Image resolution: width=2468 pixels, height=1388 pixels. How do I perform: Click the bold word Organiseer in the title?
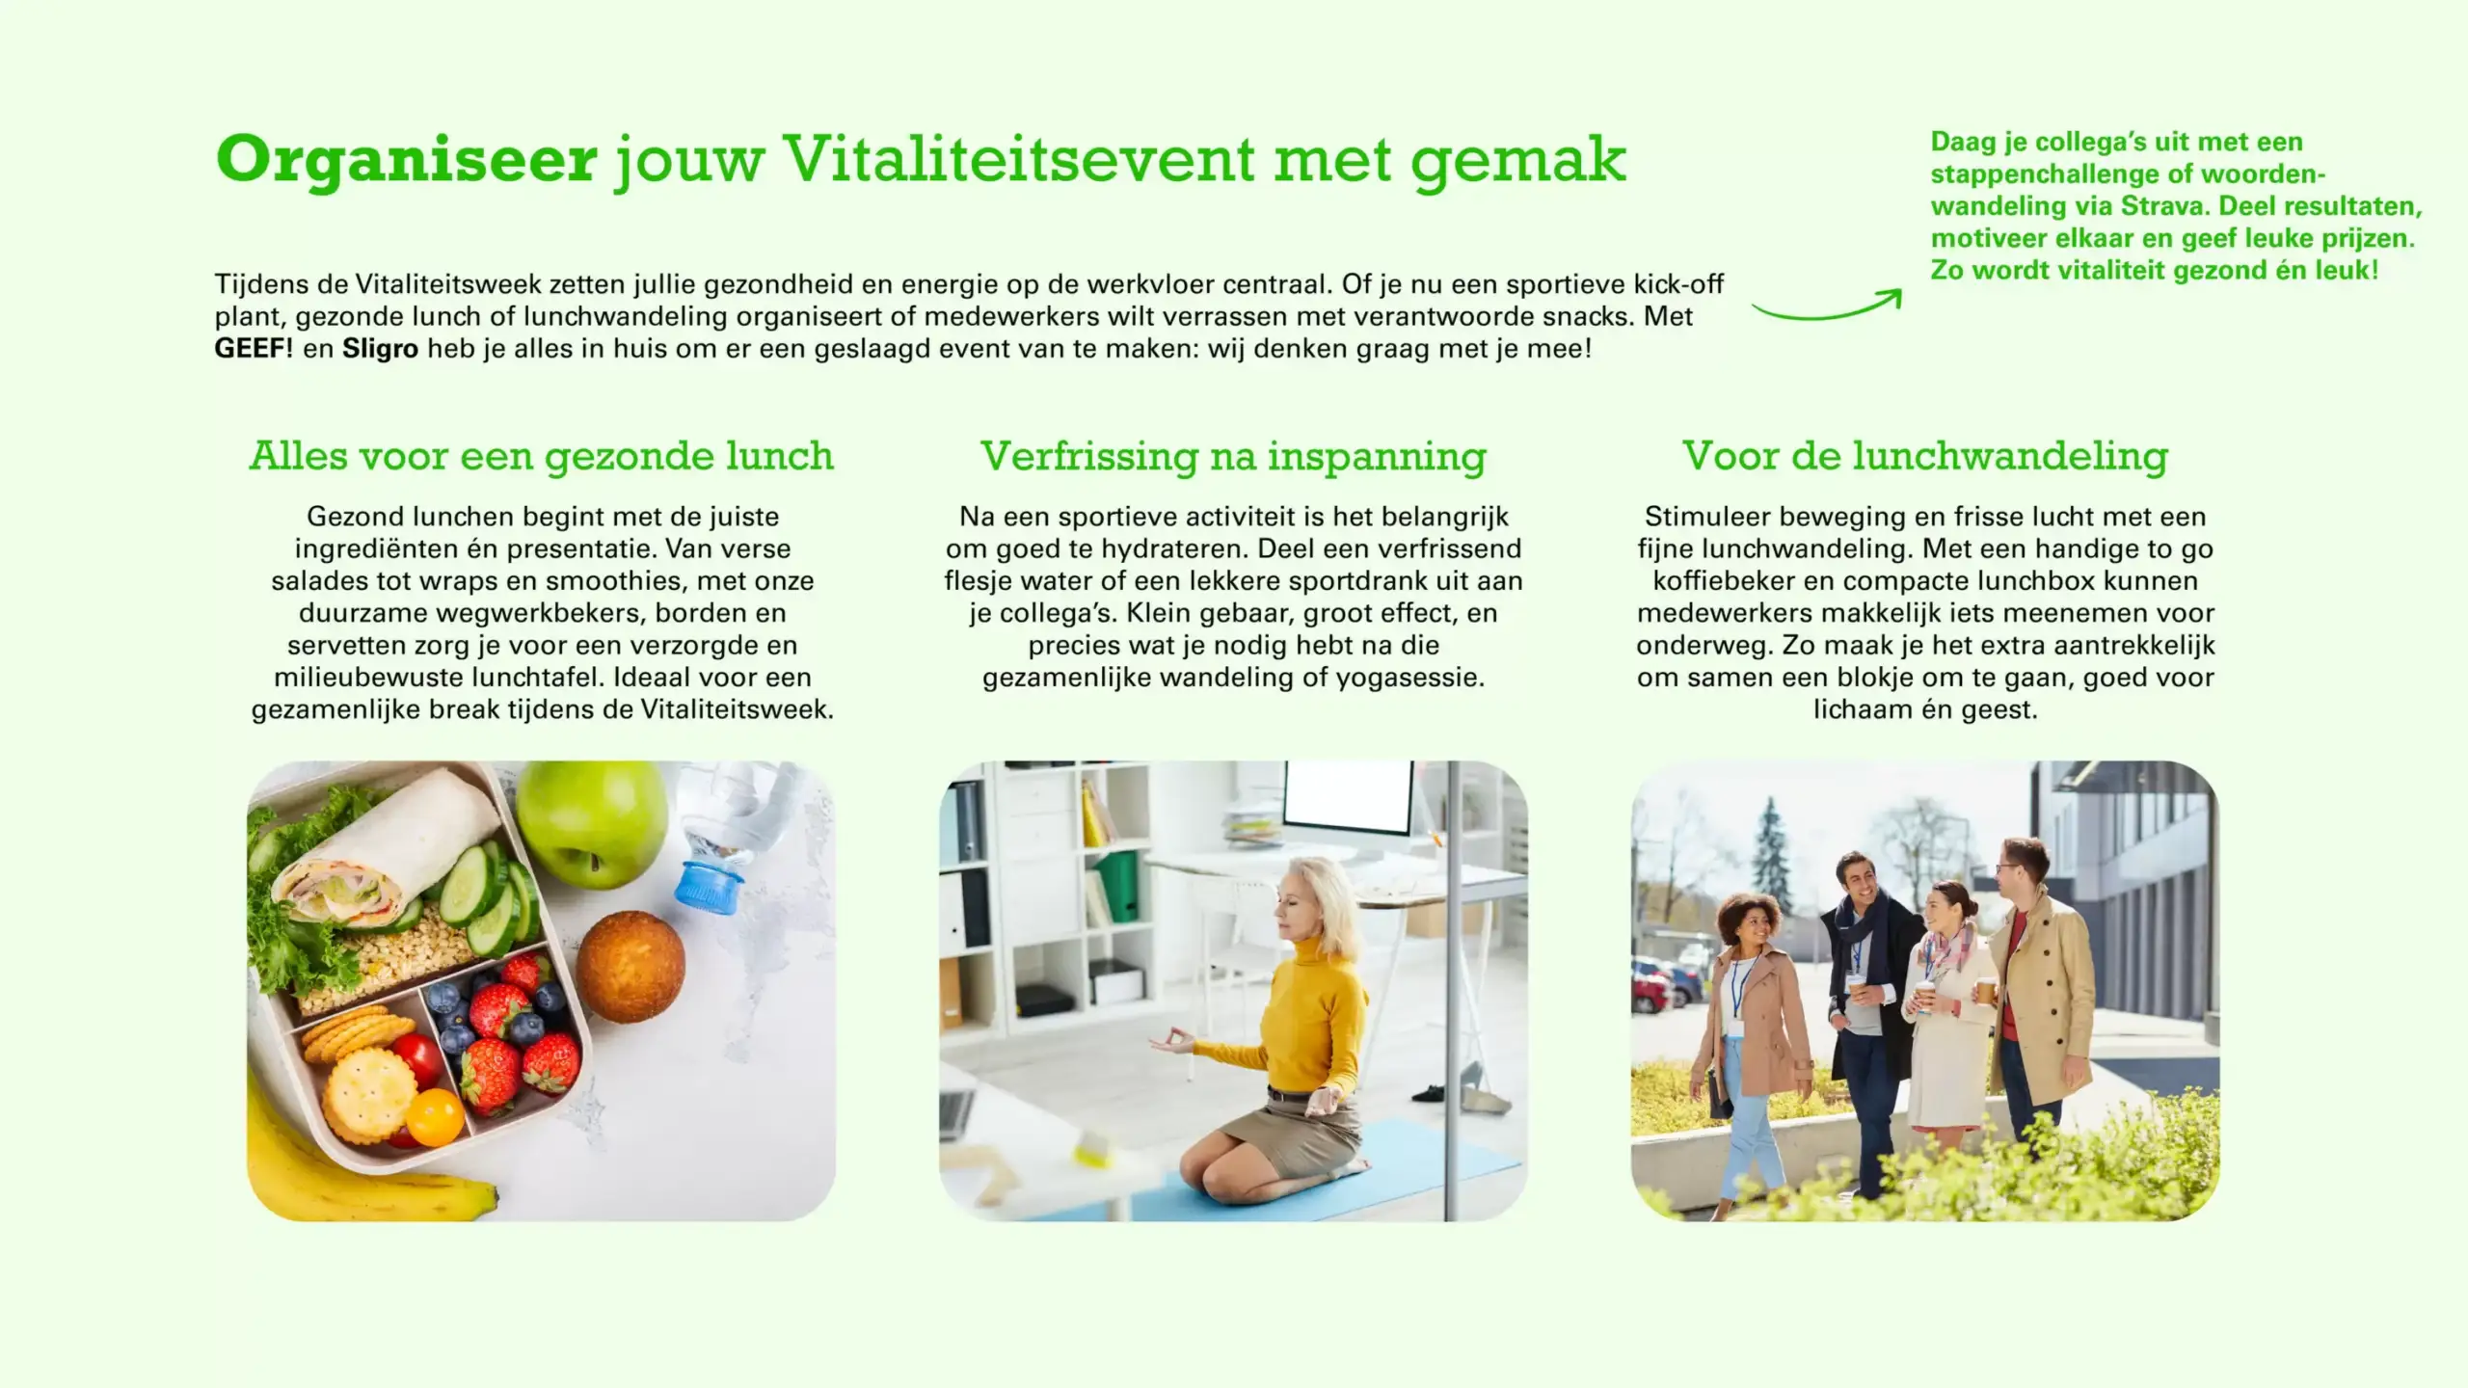click(x=407, y=160)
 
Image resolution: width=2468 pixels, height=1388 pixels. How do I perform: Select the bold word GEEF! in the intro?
click(x=254, y=348)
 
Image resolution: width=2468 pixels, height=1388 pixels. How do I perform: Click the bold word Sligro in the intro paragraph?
click(x=380, y=349)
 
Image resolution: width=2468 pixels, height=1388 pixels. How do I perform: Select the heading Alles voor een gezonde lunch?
click(x=542, y=456)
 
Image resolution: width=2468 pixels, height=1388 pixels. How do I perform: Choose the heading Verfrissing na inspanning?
click(x=1233, y=457)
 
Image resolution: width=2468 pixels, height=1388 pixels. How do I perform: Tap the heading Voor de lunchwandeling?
click(x=1925, y=456)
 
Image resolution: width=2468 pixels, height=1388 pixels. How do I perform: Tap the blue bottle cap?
click(x=709, y=884)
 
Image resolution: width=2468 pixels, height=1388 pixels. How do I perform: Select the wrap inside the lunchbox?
click(x=386, y=848)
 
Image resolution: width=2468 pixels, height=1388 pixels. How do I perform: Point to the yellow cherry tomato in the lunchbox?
click(x=434, y=1117)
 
